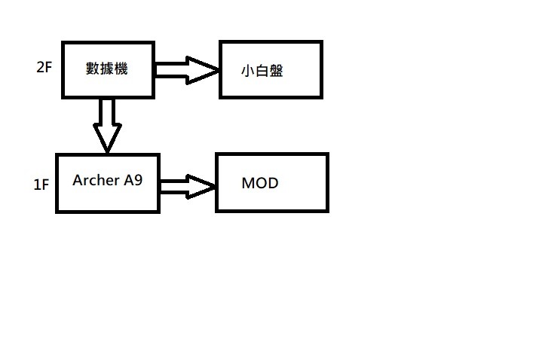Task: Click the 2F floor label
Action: click(44, 67)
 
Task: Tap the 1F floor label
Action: click(41, 185)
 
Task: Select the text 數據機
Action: click(107, 69)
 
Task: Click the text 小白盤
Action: click(262, 71)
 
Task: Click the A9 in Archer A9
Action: click(133, 180)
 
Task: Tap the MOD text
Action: click(260, 183)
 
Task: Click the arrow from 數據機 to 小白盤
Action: click(187, 70)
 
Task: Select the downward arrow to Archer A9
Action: click(107, 126)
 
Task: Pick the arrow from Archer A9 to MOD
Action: click(188, 187)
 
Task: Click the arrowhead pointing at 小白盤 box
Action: click(203, 70)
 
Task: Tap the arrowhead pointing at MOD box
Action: click(201, 187)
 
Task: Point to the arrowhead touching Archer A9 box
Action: click(107, 138)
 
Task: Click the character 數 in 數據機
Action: click(93, 69)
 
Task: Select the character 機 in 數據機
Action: click(121, 69)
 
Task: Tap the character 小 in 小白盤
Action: click(248, 71)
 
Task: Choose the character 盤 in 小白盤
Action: click(276, 71)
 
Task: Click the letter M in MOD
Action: click(248, 183)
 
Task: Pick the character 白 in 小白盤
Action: click(262, 71)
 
